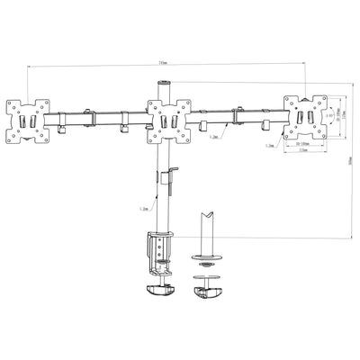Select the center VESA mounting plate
click(x=169, y=120)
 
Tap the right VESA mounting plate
click(x=306, y=115)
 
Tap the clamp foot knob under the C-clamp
click(x=159, y=288)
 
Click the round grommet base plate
click(x=206, y=261)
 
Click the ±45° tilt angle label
click(x=330, y=115)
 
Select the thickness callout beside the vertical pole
click(x=144, y=208)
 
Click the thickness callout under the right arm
click(x=213, y=139)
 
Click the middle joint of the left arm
click(x=90, y=116)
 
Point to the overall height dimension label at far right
click(x=350, y=163)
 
